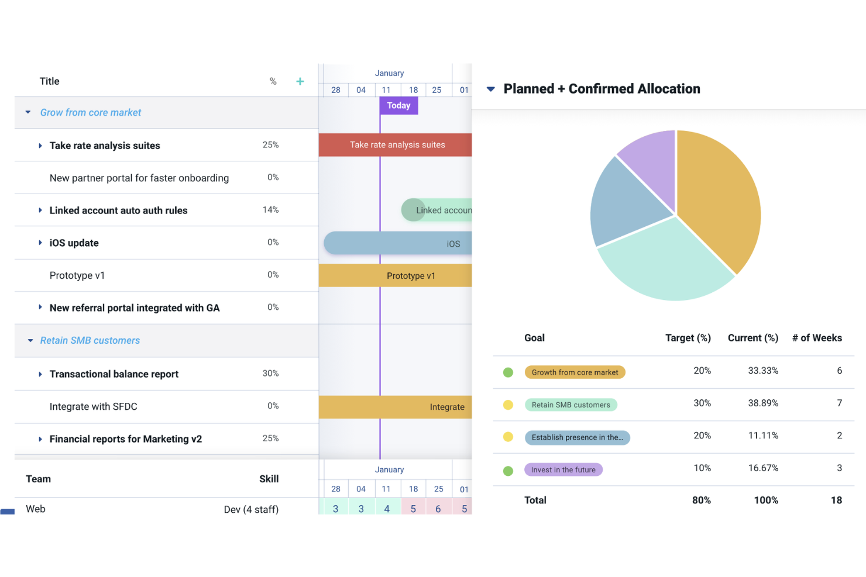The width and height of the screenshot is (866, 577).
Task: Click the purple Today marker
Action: click(398, 105)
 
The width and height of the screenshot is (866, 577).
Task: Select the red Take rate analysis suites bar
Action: click(395, 145)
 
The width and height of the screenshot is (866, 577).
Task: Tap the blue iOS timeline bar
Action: click(398, 243)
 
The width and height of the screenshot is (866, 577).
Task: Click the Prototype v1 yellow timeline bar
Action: click(395, 275)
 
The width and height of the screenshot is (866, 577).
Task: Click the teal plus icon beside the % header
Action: click(300, 81)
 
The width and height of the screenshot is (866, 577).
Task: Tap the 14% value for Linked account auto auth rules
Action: click(270, 210)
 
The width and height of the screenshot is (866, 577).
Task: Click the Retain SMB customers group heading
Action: click(90, 340)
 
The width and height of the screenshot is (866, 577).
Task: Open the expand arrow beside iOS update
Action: click(40, 243)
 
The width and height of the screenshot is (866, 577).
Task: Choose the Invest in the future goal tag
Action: click(563, 469)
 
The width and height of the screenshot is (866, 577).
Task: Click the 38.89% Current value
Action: click(763, 403)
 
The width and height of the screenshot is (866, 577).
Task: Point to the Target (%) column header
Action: click(688, 338)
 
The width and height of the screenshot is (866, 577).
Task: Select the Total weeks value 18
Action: click(836, 500)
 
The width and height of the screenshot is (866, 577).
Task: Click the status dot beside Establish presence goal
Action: click(508, 437)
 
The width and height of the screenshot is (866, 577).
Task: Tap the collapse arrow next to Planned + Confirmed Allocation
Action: click(490, 89)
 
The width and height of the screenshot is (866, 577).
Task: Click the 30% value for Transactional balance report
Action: click(270, 373)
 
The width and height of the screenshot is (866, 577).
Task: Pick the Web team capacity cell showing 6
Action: click(438, 508)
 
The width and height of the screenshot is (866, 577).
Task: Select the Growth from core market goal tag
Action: click(575, 372)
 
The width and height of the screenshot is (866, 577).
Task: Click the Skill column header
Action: click(269, 479)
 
